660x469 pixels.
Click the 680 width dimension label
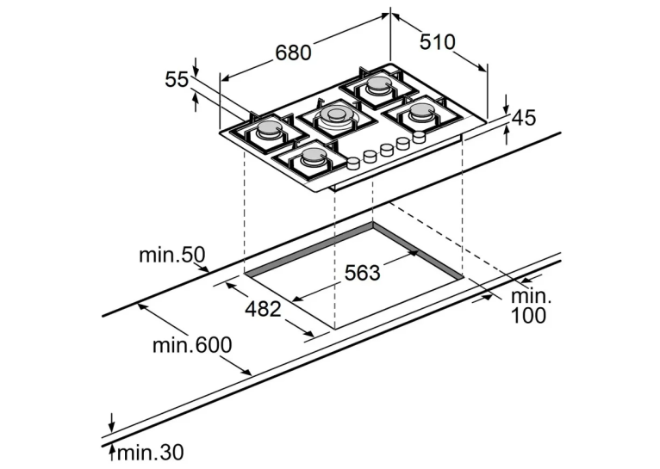tap(293, 52)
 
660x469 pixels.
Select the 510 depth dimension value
tap(438, 42)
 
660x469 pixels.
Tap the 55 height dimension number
tap(177, 79)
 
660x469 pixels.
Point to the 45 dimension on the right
tap(525, 118)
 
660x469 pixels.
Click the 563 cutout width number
tap(362, 272)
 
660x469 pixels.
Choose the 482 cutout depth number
tap(263, 309)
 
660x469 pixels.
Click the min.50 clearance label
tap(172, 255)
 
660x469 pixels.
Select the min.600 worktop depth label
tap(192, 345)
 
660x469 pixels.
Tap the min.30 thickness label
tap(151, 453)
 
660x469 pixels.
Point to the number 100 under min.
tap(528, 315)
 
